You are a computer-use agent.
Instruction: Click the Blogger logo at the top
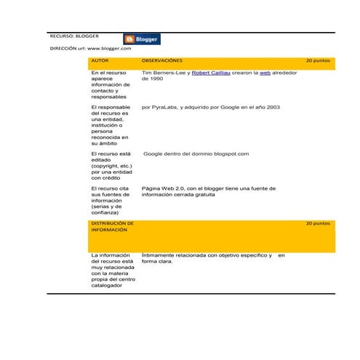point(142,39)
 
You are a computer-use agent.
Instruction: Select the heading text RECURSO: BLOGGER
point(75,35)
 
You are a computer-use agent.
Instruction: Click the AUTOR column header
point(100,61)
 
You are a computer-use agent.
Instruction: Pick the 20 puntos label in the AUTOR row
point(317,61)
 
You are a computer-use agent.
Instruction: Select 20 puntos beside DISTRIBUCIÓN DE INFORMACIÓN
point(317,223)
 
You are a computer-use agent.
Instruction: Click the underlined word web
point(265,73)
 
